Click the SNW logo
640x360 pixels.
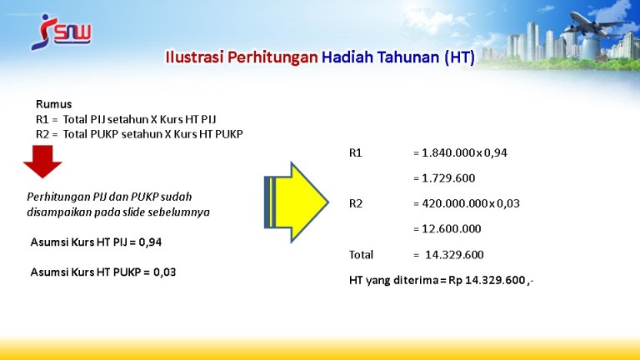point(61,32)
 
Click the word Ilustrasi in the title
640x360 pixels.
point(194,57)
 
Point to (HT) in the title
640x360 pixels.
point(460,57)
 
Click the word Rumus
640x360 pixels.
point(54,104)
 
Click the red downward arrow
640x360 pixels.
point(42,162)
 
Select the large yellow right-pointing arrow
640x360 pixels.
point(297,202)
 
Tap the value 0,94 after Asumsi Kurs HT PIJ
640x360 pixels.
point(150,242)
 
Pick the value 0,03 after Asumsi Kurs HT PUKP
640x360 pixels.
point(164,272)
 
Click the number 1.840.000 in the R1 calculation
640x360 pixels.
point(448,153)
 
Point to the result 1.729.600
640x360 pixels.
point(448,178)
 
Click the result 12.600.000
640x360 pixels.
point(452,229)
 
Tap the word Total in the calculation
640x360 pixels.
point(361,255)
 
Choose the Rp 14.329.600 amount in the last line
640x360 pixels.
point(487,280)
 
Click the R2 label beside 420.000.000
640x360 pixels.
point(356,203)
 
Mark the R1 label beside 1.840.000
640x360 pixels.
point(356,153)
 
